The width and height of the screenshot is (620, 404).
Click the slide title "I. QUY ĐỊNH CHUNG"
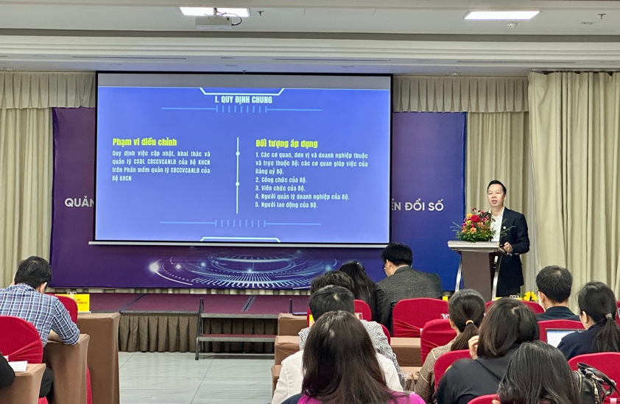[242, 99]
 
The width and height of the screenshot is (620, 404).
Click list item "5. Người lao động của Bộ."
[286, 205]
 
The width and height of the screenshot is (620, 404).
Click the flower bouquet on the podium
[476, 226]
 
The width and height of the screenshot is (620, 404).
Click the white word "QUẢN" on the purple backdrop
[79, 202]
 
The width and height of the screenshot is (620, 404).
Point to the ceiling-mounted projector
[214, 21]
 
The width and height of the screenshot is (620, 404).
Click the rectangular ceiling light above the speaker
[501, 15]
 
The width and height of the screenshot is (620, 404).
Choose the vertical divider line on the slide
[237, 175]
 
